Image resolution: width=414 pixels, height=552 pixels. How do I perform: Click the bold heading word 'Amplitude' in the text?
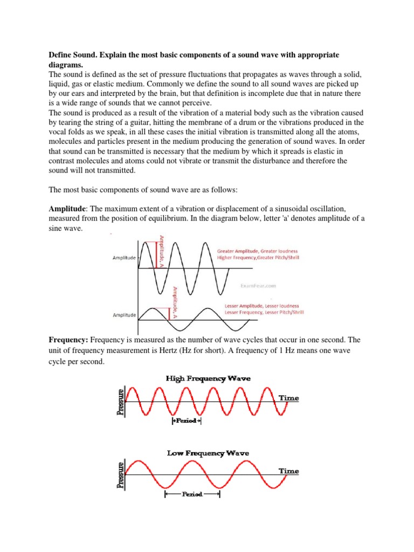[x=66, y=209]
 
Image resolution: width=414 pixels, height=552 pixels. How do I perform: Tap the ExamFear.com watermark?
[x=262, y=285]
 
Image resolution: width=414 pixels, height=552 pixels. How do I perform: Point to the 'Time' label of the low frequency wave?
[x=288, y=471]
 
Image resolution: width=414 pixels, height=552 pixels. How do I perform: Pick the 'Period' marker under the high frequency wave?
[x=187, y=420]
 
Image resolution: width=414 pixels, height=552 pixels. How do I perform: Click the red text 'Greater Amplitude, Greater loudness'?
[x=257, y=251]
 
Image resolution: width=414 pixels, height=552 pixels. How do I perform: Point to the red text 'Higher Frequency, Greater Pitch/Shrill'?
[x=258, y=258]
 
